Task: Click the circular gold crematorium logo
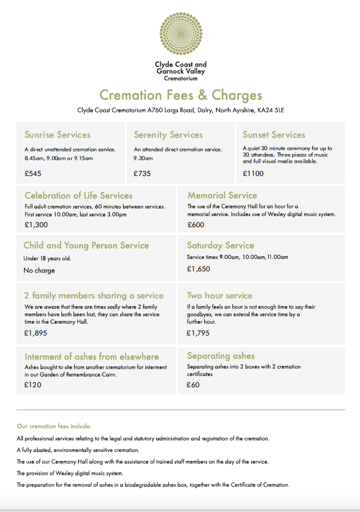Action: point(181,34)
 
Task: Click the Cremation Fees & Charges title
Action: point(181,95)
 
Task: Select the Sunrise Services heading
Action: point(58,135)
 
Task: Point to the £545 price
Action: point(33,174)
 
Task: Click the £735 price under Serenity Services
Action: point(142,174)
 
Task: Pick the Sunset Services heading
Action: point(274,135)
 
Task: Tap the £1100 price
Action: point(253,174)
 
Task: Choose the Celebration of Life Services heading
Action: point(78,195)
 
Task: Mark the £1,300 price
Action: point(36,225)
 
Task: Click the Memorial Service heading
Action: point(222,195)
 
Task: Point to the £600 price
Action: point(196,225)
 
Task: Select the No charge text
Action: point(39,271)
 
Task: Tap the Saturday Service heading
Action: point(220,245)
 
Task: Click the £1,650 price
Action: point(198,269)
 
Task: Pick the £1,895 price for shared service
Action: point(36,333)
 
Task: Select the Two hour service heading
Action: point(219,295)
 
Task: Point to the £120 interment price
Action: point(33,384)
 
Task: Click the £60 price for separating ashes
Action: point(193,385)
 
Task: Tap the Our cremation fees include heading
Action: point(54,425)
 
